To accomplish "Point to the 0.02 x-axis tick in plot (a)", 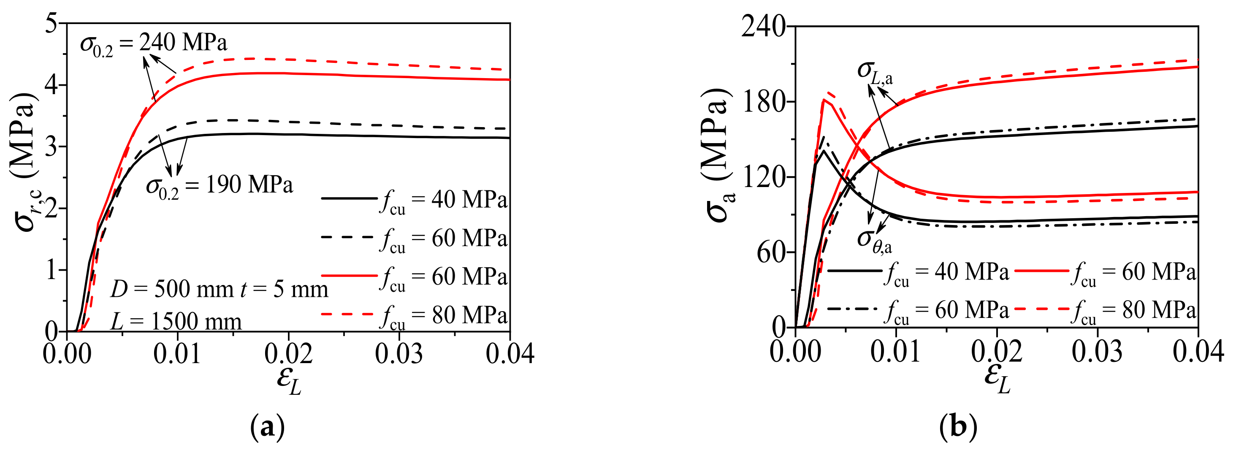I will point(288,354).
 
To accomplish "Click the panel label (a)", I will point(267,427).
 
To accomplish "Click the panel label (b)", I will point(958,427).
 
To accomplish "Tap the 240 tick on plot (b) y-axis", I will point(764,27).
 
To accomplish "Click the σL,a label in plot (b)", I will point(875,72).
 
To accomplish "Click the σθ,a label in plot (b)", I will point(874,240).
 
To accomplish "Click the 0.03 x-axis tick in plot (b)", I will point(1098,352).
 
